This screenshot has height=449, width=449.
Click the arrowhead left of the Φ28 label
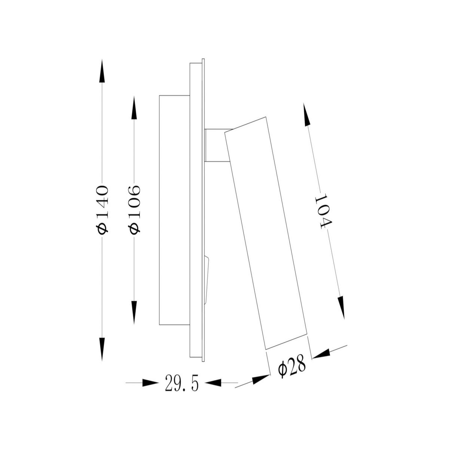click(260, 380)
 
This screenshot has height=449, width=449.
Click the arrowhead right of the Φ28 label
click(321, 354)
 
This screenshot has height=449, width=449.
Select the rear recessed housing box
click(174, 210)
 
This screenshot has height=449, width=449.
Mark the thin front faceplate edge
click(203, 210)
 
